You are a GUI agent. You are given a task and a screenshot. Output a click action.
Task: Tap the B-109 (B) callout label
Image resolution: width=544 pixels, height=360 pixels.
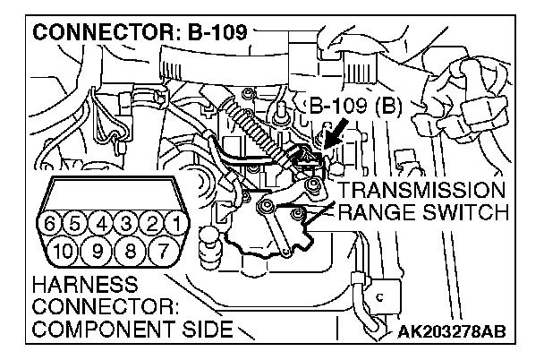pos(358,109)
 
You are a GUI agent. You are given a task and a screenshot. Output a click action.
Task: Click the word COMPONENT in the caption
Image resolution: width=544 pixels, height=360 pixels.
pos(98,329)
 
